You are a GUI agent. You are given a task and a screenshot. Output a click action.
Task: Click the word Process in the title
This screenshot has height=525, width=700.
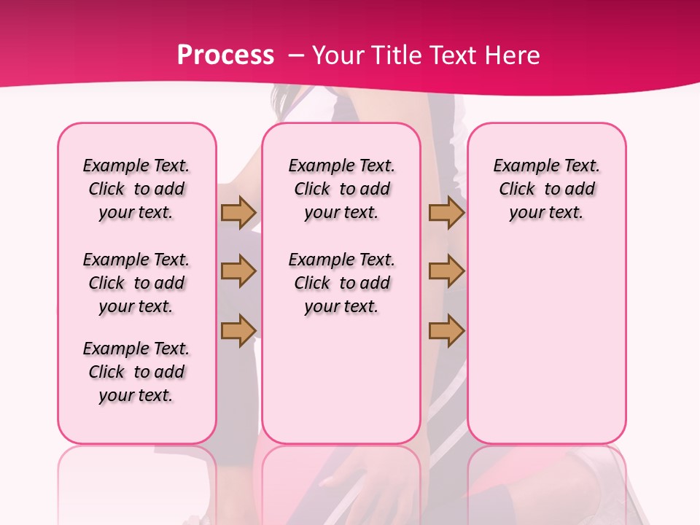point(225,55)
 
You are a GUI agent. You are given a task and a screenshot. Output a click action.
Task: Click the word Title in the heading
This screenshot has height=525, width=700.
point(392,55)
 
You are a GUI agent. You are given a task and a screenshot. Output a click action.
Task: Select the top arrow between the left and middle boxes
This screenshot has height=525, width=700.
point(238,213)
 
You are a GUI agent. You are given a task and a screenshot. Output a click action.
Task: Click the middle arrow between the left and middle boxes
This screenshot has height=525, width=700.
point(238,271)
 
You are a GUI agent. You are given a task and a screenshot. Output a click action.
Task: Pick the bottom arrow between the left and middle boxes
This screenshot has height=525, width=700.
point(238,330)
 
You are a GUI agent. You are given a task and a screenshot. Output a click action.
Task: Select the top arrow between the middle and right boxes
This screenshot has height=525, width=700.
point(446,213)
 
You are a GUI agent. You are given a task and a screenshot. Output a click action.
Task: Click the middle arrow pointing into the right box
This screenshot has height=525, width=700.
point(446,271)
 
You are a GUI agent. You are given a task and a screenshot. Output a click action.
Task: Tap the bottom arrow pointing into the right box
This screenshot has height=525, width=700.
point(446,330)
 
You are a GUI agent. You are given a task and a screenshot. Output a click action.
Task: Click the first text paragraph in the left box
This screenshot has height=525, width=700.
point(136,189)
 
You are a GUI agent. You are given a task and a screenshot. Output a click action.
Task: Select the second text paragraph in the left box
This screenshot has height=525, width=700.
point(136,283)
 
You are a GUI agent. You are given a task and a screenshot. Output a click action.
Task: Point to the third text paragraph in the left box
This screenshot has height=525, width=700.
point(136,372)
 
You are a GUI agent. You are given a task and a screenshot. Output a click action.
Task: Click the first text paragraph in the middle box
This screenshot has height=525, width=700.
point(341,189)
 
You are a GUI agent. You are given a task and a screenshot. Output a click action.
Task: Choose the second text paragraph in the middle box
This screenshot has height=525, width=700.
point(341,283)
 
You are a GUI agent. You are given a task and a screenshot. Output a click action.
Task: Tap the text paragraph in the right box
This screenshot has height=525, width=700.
point(546,189)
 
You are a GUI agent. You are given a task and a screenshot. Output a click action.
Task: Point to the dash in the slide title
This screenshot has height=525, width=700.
point(296,55)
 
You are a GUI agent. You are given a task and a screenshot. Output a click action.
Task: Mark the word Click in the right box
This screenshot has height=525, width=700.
point(517,190)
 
